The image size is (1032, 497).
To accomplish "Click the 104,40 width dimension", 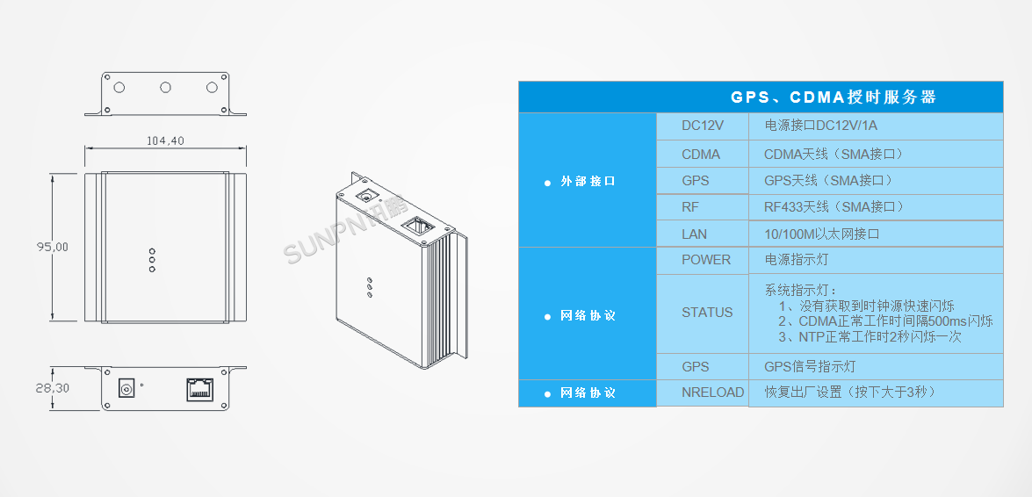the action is (x=164, y=140).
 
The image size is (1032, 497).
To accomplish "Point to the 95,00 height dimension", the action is (x=51, y=246).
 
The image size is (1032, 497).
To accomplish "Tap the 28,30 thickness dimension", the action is (x=51, y=388).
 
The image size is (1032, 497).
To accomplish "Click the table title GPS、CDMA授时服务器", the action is (x=834, y=97).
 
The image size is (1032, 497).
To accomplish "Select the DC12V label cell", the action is (x=703, y=126).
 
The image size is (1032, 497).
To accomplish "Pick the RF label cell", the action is (x=703, y=207).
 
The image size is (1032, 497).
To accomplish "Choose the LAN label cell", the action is (x=703, y=234).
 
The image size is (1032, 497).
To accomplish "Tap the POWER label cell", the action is (x=703, y=260).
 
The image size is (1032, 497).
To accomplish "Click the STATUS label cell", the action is (x=703, y=313).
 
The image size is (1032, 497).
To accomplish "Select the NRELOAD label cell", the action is (x=703, y=393).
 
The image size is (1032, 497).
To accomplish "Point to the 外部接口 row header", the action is (x=587, y=181).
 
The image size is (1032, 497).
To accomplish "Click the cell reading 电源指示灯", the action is (x=876, y=260).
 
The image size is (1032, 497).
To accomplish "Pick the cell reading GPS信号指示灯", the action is (x=876, y=367).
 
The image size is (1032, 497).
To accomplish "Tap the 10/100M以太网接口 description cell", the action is (x=876, y=234).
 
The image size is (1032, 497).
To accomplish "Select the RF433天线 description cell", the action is (x=876, y=207).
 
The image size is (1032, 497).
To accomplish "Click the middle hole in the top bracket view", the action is (x=165, y=87).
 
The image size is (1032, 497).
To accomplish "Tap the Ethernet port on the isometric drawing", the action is (x=417, y=226).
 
